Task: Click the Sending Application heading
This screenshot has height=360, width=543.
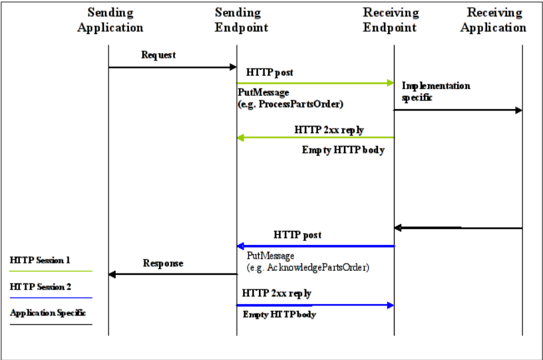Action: coord(110,20)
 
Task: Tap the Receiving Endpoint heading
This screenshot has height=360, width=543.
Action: coord(391,20)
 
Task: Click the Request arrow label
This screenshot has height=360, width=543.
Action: coord(158,55)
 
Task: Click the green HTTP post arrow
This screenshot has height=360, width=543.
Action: coord(315,83)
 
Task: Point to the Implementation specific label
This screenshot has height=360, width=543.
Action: coord(435,91)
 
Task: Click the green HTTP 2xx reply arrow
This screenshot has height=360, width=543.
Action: coord(315,138)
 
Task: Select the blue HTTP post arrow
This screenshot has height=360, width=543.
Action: coord(315,246)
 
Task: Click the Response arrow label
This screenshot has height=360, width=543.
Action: coord(163,264)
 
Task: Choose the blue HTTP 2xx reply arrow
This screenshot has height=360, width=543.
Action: coord(315,305)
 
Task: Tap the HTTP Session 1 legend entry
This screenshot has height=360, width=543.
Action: coord(40,260)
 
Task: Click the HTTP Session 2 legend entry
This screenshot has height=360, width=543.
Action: coord(40,286)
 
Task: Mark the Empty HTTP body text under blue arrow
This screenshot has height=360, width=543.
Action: coord(279,315)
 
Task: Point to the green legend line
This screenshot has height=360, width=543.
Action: coord(51,271)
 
